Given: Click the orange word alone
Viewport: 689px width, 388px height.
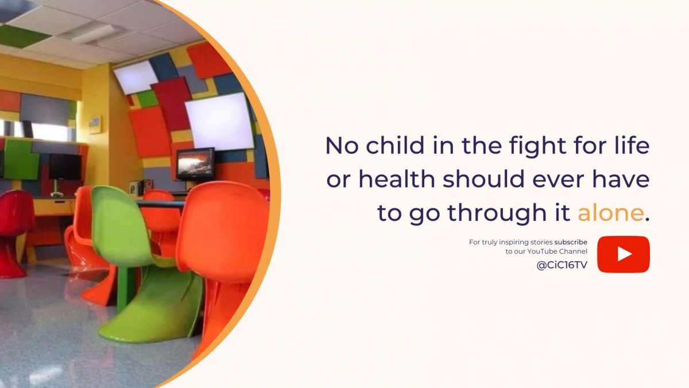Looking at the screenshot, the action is coord(610,213).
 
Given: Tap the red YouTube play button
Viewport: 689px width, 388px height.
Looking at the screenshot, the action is coord(624,254).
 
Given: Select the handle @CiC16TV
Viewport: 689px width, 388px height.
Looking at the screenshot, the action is coord(562,265).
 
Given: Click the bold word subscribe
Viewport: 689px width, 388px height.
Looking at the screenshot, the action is coord(571,242).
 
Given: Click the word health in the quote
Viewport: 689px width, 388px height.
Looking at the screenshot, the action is coord(397,179).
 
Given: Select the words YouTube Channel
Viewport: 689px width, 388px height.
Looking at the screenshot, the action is coord(557,251).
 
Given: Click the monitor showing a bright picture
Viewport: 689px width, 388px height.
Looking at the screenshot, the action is coord(195,165).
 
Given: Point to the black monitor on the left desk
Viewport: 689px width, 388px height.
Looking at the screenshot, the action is coord(65,168).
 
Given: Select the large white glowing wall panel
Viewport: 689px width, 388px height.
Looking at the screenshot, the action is coord(219,122).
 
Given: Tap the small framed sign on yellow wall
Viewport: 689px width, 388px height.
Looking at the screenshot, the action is coord(95,125).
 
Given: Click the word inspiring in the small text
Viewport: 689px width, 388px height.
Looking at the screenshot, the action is coord(514,242).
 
